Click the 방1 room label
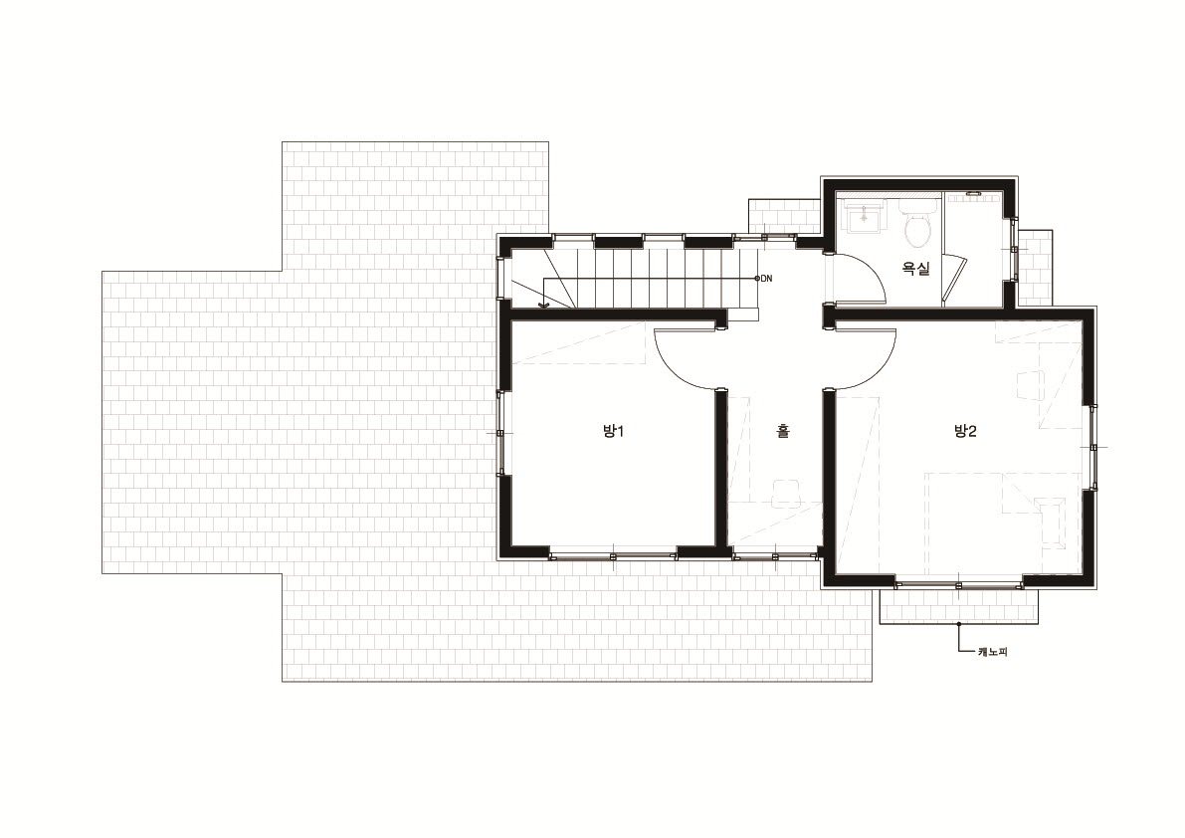pyautogui.click(x=612, y=432)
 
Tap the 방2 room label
pyautogui.click(x=965, y=432)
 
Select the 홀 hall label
pyautogui.click(x=783, y=432)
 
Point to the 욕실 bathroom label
pyautogui.click(x=916, y=268)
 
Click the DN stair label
pyautogui.click(x=766, y=279)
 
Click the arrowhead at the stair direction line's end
pyautogui.click(x=542, y=305)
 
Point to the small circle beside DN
pyautogui.click(x=757, y=279)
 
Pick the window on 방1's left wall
pyautogui.click(x=500, y=433)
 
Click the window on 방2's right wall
pyautogui.click(x=1092, y=447)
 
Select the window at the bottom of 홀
pyautogui.click(x=775, y=557)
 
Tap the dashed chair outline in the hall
pyautogui.click(x=786, y=492)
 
